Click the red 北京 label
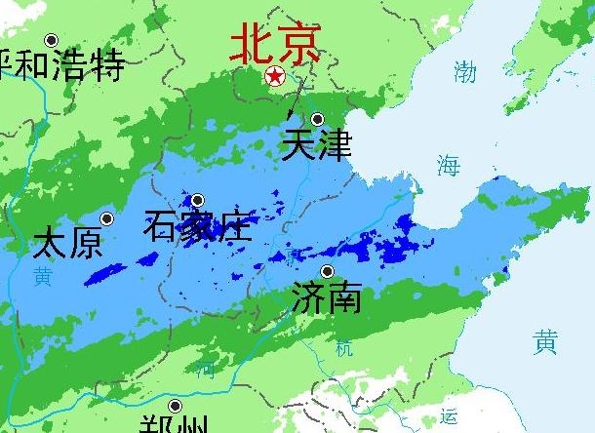tap(275, 43)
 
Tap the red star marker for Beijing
tap(276, 76)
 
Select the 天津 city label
tap(315, 145)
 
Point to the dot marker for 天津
tap(317, 119)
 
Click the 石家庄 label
tap(197, 225)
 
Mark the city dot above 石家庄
tap(197, 200)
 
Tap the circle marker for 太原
tap(106, 218)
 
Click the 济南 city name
tap(327, 296)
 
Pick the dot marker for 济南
tap(328, 271)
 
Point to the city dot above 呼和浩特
tap(52, 40)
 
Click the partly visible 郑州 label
tap(175, 425)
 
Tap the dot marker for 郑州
tap(175, 406)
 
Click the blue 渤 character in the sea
tap(465, 71)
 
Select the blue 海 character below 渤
tap(448, 165)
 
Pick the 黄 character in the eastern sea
tap(545, 341)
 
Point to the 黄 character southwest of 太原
tap(42, 276)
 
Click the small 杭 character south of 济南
tap(344, 347)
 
